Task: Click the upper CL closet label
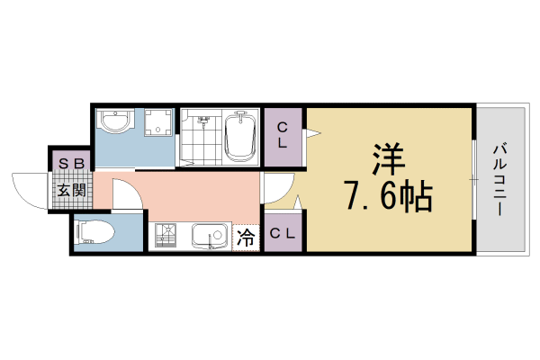pyautogui.click(x=283, y=135)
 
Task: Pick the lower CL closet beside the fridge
pyautogui.click(x=283, y=234)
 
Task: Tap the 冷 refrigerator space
pyautogui.click(x=246, y=238)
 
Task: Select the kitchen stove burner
pyautogui.click(x=166, y=237)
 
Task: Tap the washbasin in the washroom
pyautogui.click(x=116, y=122)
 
